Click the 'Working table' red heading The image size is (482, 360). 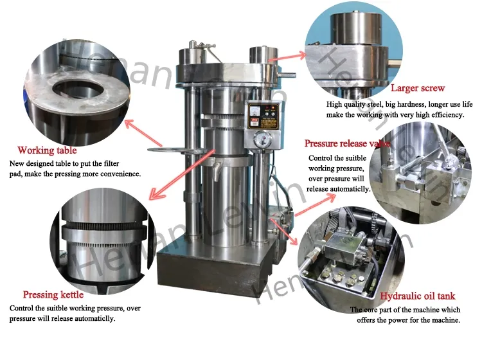47,150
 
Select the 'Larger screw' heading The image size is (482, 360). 418,88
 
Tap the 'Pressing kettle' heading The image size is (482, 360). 53,295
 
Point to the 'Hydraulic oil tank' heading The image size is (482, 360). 417,296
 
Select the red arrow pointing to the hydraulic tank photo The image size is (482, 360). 283,233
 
